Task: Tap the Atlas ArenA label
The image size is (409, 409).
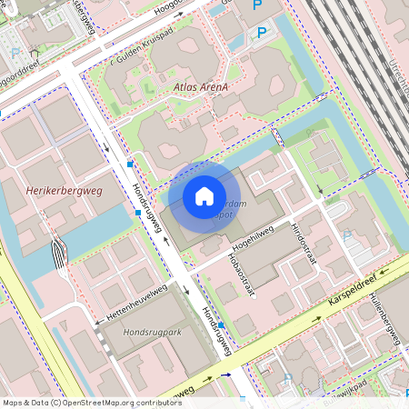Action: [199, 87]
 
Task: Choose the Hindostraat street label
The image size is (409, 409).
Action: [300, 237]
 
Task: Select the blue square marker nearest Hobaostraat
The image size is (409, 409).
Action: [222, 324]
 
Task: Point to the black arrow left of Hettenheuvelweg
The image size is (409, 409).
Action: [97, 323]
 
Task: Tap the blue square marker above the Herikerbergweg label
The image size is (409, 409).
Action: [131, 164]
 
